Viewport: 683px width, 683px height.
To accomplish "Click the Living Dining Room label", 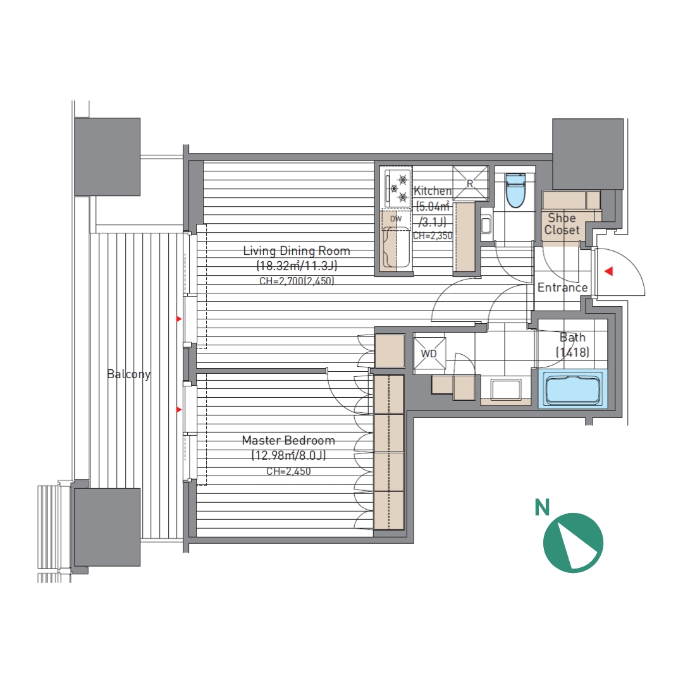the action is (296, 251).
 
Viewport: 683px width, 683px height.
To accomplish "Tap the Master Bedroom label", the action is (288, 440).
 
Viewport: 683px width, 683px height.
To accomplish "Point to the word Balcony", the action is (128, 374).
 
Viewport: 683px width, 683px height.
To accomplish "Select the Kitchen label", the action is (433, 191).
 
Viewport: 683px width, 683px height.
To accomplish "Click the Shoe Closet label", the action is (562, 224).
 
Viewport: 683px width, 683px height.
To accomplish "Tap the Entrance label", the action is (562, 288).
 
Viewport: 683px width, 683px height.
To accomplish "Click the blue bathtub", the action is (571, 389).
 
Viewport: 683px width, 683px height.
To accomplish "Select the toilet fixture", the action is (515, 190).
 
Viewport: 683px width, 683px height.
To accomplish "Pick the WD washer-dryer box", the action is (429, 354).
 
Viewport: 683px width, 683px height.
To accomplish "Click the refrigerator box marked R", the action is (471, 183).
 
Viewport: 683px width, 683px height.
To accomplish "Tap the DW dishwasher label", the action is (396, 219).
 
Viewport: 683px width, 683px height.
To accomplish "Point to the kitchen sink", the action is (396, 249).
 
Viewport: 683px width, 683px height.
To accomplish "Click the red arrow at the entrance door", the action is (609, 271).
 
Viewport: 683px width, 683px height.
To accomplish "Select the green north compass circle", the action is (573, 543).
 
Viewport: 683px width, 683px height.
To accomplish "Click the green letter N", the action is (543, 507).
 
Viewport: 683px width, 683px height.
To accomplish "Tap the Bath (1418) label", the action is (572, 345).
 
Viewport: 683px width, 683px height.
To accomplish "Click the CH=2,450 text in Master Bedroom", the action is (288, 471).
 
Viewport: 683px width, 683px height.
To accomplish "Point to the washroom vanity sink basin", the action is (506, 390).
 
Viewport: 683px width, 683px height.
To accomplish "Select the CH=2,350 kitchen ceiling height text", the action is (433, 236).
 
